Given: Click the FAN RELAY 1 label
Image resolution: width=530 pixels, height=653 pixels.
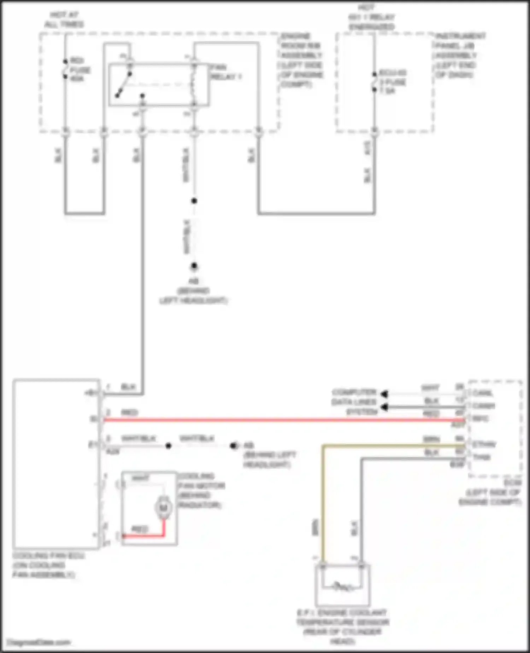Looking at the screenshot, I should click(225, 72).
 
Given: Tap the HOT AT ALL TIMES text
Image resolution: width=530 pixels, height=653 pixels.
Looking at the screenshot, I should click(64, 20).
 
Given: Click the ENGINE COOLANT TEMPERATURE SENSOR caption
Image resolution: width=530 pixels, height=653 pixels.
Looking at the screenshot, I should click(342, 626).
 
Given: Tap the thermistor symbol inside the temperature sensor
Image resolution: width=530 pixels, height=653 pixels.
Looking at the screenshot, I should click(342, 588).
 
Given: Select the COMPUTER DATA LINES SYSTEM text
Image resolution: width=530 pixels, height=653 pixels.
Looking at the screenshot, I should click(354, 402).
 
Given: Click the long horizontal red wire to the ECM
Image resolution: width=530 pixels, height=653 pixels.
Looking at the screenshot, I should click(283, 420).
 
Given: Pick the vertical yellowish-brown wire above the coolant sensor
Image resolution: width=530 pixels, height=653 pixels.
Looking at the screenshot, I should click(323, 502).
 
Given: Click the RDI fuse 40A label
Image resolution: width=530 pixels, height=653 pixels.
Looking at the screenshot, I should click(80, 70).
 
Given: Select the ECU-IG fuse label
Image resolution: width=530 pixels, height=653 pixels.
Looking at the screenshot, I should click(392, 82).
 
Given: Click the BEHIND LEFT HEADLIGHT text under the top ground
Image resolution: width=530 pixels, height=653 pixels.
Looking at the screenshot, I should click(193, 296).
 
